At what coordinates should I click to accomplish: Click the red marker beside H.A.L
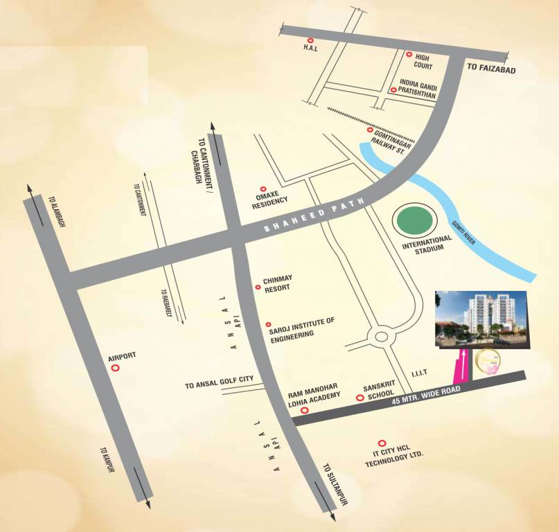(310, 42)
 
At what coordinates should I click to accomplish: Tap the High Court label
(424, 62)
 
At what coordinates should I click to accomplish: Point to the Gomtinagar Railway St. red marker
(370, 130)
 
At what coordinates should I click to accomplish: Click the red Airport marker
(116, 368)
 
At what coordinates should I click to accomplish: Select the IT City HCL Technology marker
(381, 443)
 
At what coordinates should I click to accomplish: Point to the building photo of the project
(480, 319)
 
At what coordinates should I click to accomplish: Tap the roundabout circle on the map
(380, 337)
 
